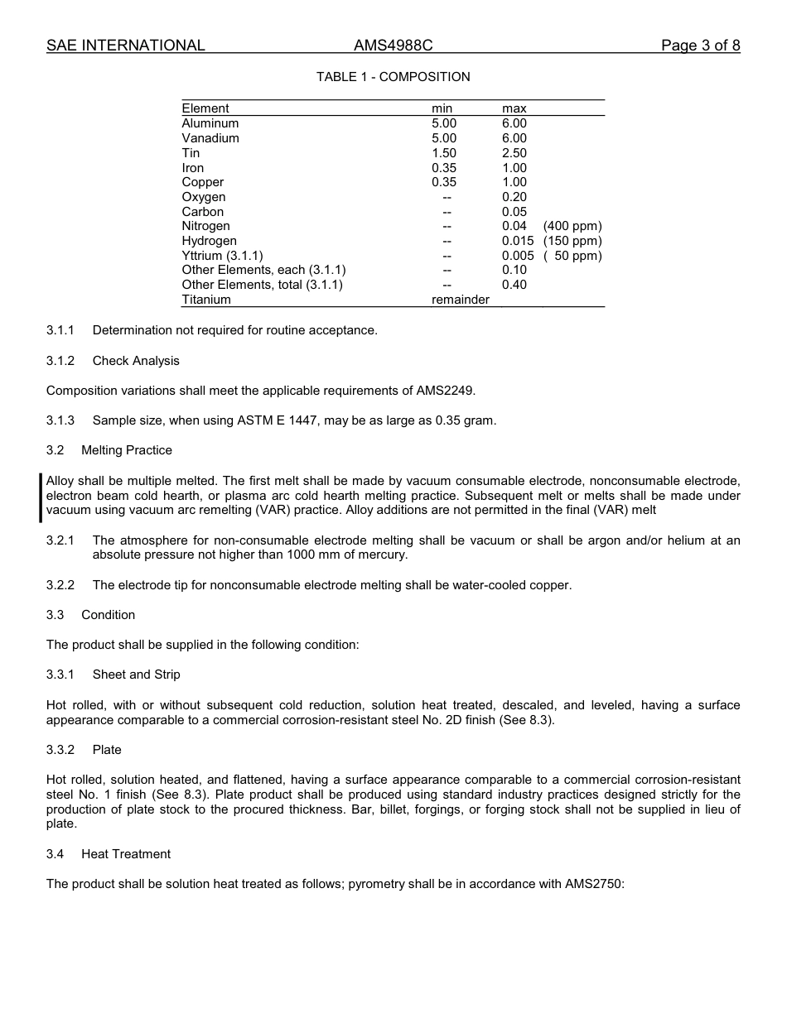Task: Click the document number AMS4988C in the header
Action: (x=393, y=46)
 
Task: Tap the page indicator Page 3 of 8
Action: (x=700, y=46)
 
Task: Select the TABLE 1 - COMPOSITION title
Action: (x=393, y=77)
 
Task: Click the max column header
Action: (x=514, y=108)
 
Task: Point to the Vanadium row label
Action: (x=210, y=138)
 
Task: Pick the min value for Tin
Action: (x=443, y=153)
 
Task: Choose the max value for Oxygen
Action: (x=514, y=197)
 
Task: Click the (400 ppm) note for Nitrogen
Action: (x=572, y=226)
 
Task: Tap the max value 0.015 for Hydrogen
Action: (x=518, y=241)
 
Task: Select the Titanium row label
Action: (x=206, y=300)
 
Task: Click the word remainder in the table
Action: (x=460, y=300)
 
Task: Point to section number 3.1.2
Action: (x=60, y=361)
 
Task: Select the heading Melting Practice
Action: (x=127, y=450)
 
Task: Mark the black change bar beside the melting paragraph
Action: (x=41, y=496)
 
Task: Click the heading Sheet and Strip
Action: (x=136, y=675)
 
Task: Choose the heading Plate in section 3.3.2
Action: (x=107, y=750)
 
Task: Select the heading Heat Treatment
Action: (x=126, y=854)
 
